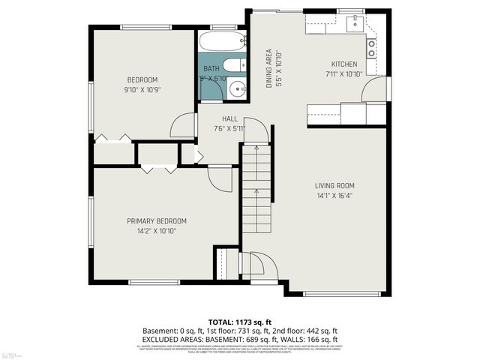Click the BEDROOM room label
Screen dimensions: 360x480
coord(142,80)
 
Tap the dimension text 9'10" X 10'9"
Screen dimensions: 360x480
coord(142,90)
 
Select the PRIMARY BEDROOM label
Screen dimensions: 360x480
coord(156,221)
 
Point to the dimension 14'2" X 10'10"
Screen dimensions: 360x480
coord(156,231)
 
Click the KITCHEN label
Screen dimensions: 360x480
coord(344,64)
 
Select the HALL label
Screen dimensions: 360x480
coord(229,119)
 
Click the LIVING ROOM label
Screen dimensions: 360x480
coord(334,186)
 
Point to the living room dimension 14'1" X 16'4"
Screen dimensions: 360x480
coord(334,196)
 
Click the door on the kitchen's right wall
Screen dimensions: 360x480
coord(372,91)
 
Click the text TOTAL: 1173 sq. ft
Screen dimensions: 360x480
coord(240,320)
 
